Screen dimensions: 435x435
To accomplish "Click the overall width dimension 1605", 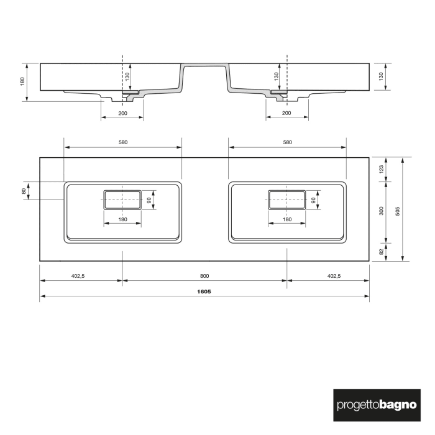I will click(204, 291).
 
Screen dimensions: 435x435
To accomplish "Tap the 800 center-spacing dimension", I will click(204, 275).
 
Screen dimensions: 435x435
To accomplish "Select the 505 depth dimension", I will click(397, 209).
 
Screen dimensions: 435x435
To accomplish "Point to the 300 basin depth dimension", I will click(381, 211).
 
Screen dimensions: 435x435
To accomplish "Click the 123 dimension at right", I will click(381, 168).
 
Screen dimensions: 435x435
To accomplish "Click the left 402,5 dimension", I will click(77, 275).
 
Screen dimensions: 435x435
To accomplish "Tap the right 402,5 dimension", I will click(333, 275).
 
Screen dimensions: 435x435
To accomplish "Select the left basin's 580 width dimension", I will click(122, 142).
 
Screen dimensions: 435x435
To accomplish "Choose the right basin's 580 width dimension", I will click(287, 142).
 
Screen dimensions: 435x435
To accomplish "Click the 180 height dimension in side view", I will click(22, 81).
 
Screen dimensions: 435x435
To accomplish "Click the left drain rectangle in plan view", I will click(122, 200).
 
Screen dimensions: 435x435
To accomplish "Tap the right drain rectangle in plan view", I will click(287, 200).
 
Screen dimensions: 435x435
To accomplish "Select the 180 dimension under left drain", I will click(122, 219).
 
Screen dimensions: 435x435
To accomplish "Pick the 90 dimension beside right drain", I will click(314, 200).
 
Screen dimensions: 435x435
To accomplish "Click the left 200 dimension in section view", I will click(122, 113).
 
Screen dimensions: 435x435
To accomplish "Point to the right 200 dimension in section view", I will click(286, 113).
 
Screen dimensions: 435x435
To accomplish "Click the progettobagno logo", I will click(377, 405).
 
